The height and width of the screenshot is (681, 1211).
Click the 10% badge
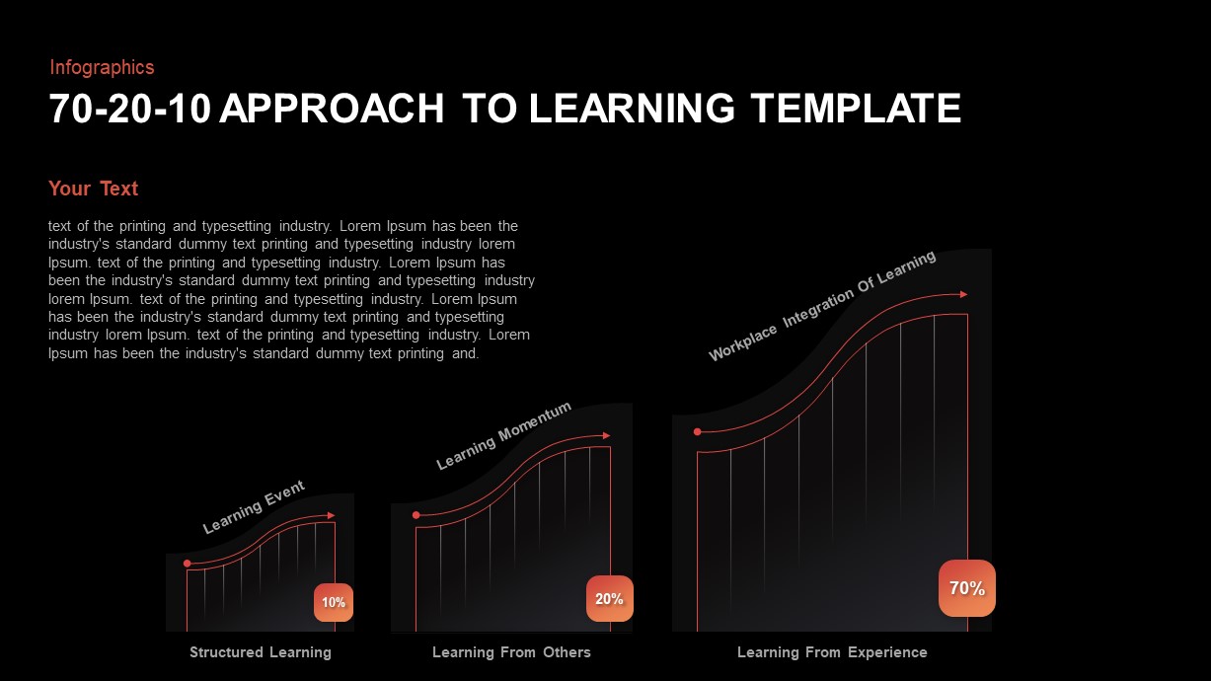coord(334,602)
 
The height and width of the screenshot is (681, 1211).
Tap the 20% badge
coord(609,598)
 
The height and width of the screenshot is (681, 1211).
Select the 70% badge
coord(966,588)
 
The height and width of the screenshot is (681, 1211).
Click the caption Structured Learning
coord(261,652)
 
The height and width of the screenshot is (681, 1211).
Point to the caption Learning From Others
coord(511,652)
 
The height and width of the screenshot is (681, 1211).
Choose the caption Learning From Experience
coord(832,652)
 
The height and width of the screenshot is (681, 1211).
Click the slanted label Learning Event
coord(254,506)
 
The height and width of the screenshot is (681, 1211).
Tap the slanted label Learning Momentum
coord(503,435)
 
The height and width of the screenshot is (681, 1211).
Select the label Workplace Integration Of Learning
coord(821,306)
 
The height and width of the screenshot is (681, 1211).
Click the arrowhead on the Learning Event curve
coord(331,515)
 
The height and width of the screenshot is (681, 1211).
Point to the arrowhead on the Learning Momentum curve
coord(606,435)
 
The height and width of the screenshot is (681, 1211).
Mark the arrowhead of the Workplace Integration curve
coord(963,294)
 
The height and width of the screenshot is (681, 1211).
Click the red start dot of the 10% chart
coord(188,564)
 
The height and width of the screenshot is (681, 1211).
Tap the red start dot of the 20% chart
coord(416,515)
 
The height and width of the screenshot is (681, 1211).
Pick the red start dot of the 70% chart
coord(698,431)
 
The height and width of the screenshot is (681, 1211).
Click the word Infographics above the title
coord(102,67)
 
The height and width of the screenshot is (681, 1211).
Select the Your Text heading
coord(93,189)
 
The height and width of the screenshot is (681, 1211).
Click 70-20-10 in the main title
coord(129,109)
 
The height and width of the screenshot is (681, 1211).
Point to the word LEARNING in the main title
coord(632,109)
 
